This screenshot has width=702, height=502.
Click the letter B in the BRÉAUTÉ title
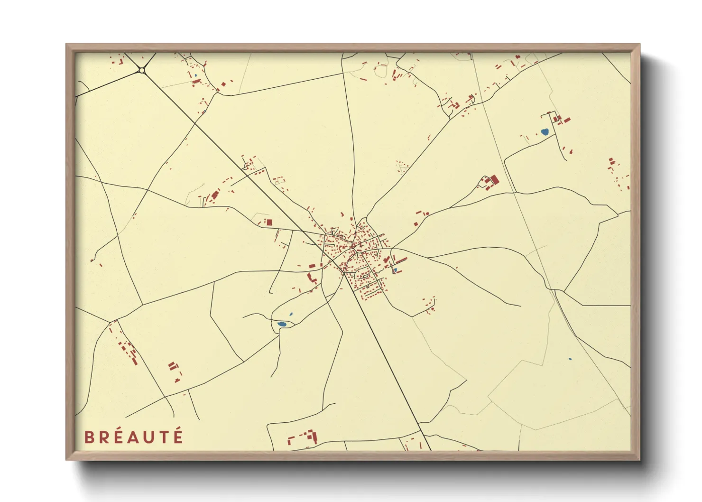[x=89, y=437]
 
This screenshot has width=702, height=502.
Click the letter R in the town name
[x=104, y=437]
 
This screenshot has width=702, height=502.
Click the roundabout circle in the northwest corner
[x=141, y=71]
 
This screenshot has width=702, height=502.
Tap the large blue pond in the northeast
[x=545, y=132]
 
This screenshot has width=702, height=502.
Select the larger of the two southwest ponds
[x=282, y=324]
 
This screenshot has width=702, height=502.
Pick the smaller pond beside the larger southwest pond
[x=291, y=314]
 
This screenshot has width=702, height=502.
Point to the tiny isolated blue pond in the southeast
[x=570, y=359]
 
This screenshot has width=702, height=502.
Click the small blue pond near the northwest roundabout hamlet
[x=195, y=75]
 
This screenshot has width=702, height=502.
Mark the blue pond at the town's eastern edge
[x=395, y=270]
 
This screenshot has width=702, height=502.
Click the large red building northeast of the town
[x=494, y=180]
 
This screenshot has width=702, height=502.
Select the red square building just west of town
[x=269, y=222]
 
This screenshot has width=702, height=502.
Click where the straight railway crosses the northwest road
[x=194, y=123]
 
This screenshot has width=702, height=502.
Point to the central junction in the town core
[x=353, y=246]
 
